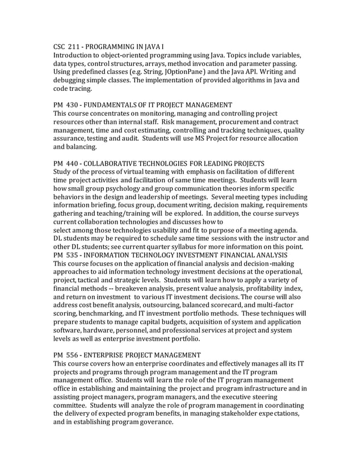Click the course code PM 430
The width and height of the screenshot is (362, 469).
66,105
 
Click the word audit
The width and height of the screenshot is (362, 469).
126,139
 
